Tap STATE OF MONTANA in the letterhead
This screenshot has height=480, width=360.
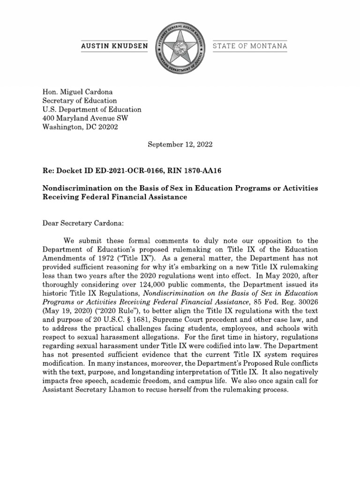coord(250,46)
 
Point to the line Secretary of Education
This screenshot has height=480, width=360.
coord(80,101)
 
